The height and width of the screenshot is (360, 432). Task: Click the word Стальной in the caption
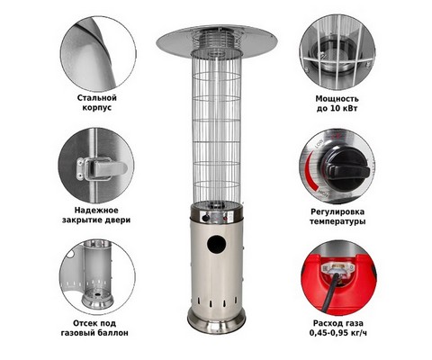[96, 98]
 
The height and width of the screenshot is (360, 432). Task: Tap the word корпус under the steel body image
[96, 108]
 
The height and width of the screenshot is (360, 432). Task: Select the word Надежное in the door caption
[96, 210]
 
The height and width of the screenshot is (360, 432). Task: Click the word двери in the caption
[119, 220]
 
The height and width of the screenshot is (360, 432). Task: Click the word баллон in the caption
[113, 333]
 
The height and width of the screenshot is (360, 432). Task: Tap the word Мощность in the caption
[337, 99]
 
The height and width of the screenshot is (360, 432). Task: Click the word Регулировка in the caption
[337, 211]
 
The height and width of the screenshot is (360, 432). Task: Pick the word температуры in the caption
[337, 222]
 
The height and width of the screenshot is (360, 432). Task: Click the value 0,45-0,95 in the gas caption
[328, 333]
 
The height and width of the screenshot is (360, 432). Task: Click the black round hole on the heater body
[216, 244]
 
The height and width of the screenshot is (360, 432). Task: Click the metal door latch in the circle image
[102, 168]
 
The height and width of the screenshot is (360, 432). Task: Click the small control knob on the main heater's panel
[205, 217]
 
